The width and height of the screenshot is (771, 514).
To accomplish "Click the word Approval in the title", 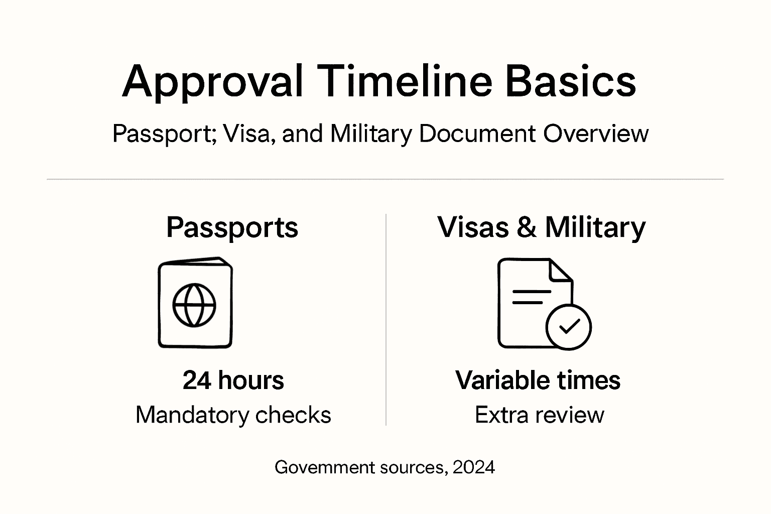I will [x=213, y=82].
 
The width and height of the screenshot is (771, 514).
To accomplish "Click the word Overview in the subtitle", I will [x=596, y=134].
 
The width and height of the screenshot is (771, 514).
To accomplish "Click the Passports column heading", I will [x=232, y=227].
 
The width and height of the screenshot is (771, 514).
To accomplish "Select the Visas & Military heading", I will [x=541, y=227].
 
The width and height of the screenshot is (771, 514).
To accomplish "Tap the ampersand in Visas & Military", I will [x=527, y=227].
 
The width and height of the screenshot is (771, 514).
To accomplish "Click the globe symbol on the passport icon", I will [x=194, y=305].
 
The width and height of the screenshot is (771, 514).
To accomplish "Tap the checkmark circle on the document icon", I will [x=569, y=327].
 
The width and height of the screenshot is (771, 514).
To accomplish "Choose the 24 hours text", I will [x=233, y=380].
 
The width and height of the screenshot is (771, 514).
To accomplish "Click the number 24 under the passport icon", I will [x=197, y=380].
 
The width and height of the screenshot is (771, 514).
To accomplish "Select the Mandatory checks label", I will [x=233, y=415].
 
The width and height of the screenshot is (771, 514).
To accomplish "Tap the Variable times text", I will [x=538, y=380].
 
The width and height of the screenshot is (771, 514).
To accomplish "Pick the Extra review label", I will [x=540, y=415].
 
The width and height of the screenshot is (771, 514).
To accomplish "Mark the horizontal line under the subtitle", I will [x=385, y=179].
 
